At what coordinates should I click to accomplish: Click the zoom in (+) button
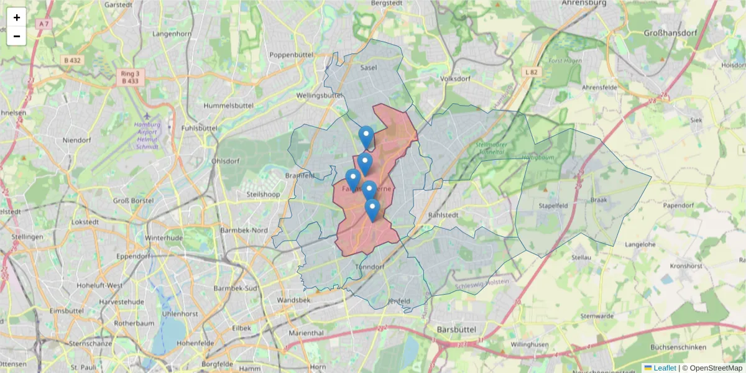pos(17,17)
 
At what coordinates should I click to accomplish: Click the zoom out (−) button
pos(17,36)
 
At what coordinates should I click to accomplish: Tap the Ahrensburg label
pos(583,3)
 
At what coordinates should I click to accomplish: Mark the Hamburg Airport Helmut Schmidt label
pos(147,136)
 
